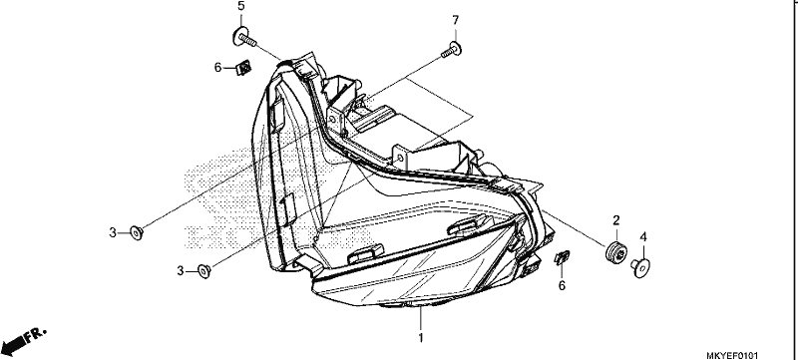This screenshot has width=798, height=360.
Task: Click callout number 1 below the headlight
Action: point(421,338)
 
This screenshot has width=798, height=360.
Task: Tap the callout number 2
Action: point(616,220)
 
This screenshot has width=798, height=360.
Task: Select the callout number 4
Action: point(643,237)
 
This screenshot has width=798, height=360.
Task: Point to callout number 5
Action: point(240,6)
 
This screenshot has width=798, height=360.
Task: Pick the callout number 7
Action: point(456,20)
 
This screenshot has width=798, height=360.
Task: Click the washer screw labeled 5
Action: point(244,37)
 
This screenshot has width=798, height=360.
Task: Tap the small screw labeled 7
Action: point(452,50)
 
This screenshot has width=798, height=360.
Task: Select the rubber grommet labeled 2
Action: point(615,252)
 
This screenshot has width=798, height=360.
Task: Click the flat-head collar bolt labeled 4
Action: point(640,267)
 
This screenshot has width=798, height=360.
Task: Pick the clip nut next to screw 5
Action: point(244,67)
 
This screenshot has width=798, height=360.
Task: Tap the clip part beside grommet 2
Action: point(562,258)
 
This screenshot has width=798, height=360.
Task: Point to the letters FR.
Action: point(36,335)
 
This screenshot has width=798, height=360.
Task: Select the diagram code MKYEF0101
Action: point(735,355)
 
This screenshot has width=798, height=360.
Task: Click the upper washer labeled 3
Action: point(137,233)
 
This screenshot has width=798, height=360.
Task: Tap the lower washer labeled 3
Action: point(204,271)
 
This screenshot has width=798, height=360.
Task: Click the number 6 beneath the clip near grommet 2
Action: point(562,286)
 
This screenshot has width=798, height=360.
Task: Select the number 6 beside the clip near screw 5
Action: point(217,67)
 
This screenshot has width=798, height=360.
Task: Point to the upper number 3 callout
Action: point(113,233)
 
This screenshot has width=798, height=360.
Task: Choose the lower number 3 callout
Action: point(181,271)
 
